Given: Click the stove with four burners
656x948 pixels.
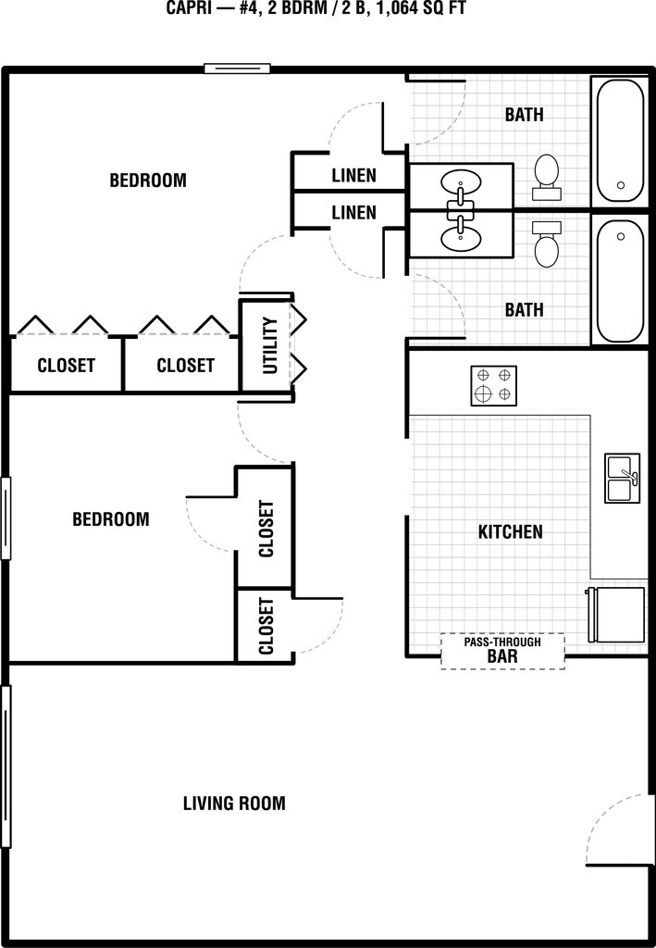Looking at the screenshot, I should [493, 385].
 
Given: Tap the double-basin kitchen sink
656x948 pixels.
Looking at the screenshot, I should [622, 478].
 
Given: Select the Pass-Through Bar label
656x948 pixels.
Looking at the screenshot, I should [501, 651].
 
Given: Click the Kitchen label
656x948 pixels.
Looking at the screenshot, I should [510, 532].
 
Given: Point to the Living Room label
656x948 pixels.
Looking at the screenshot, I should [234, 804].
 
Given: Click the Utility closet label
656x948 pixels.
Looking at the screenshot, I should [270, 345].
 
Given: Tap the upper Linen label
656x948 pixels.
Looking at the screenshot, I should [353, 176].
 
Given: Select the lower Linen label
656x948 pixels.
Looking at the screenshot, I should [353, 213].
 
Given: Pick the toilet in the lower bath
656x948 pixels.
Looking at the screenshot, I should [546, 243].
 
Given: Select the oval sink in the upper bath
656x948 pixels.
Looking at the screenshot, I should [460, 181].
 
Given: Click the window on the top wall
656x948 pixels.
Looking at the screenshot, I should [237, 68].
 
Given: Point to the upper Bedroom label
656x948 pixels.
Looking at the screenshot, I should [148, 181].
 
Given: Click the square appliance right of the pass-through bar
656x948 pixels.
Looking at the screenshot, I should [616, 614].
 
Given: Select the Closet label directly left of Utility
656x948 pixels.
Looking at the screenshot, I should [185, 366].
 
